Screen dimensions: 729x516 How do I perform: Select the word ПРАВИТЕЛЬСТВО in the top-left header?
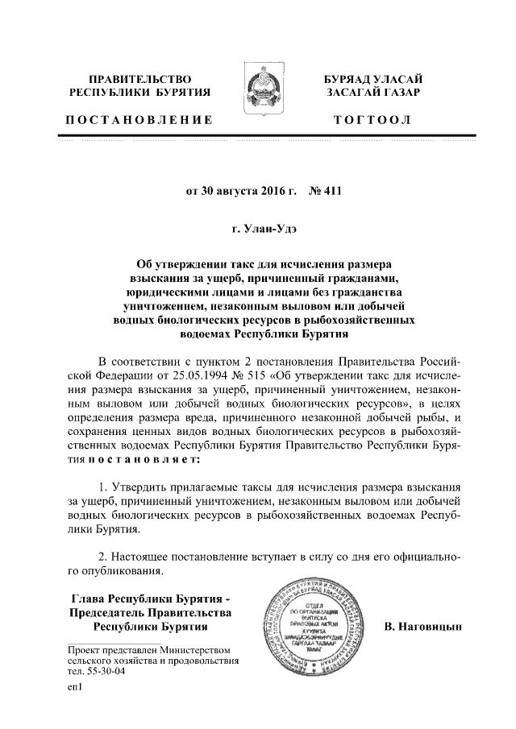tap(139, 80)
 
